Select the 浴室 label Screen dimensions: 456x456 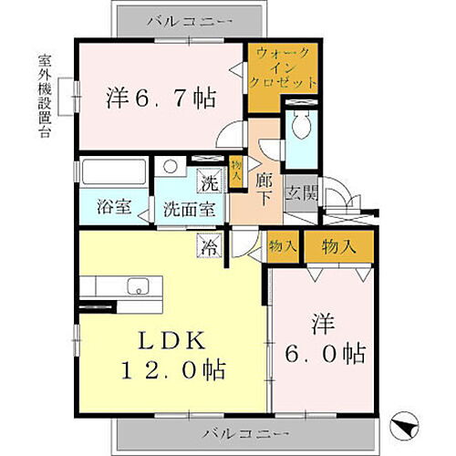[114, 207]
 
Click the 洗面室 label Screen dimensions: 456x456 [189, 207]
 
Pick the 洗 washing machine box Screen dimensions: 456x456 [209, 182]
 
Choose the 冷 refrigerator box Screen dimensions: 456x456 [210, 245]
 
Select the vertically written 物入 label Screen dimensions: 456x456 [237, 172]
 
